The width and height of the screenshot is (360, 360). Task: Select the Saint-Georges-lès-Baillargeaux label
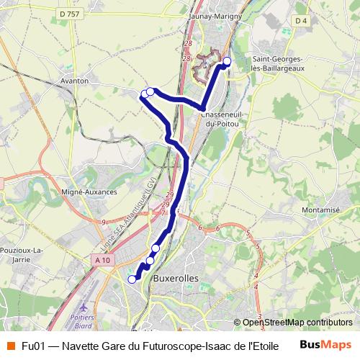277,63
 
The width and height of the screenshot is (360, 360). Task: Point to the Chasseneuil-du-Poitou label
220,120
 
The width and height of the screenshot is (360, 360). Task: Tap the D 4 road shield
301,41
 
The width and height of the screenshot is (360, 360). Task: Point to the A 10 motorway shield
103,260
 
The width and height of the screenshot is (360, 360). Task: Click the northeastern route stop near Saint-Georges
227,61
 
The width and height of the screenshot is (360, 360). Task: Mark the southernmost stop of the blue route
132,279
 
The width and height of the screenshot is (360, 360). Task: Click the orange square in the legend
10,346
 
